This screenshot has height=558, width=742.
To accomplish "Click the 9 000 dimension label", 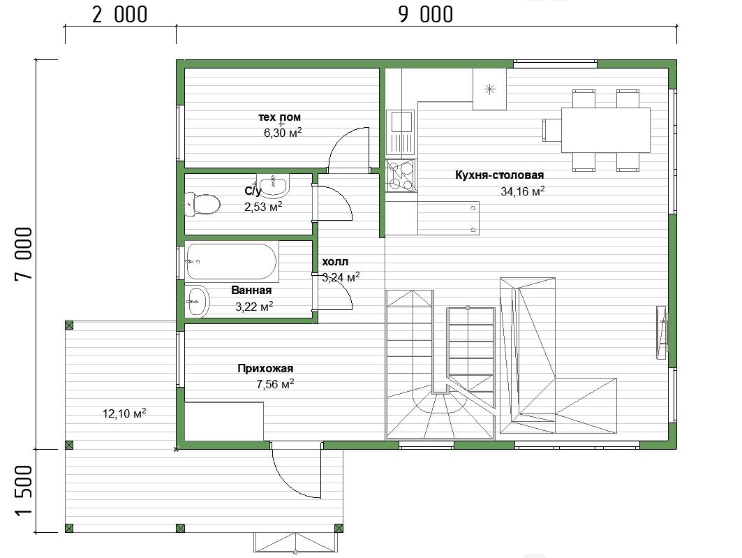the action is coord(425,15).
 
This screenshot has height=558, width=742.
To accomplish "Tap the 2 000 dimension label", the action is coord(120,15).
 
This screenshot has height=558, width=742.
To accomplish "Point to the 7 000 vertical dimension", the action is coord(24,254).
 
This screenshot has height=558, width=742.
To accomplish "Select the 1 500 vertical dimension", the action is coord(24,490).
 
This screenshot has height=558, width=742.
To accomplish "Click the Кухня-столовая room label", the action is coord(499,175).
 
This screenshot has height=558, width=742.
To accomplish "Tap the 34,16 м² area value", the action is coord(522,191).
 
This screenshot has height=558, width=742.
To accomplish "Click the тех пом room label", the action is coord(279,117).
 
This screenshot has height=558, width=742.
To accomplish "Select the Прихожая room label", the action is coord(265,368).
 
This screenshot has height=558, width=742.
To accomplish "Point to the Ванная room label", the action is coord(251,290).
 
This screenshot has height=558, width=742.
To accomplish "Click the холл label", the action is coord(335,262).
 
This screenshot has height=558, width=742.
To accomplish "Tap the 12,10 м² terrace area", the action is coord(124,413).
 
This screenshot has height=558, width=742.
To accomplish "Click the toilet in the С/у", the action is coord(202,203).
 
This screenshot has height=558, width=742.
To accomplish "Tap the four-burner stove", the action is coord(401,175).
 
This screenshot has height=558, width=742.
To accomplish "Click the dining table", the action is coord(606,130).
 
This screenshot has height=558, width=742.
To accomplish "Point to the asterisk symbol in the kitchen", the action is coord(490,89).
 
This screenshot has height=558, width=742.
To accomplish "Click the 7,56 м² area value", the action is coord(275,384).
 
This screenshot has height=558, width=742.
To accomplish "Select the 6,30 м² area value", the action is coord(283,133).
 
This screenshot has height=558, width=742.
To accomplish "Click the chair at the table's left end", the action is coord(551,130).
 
